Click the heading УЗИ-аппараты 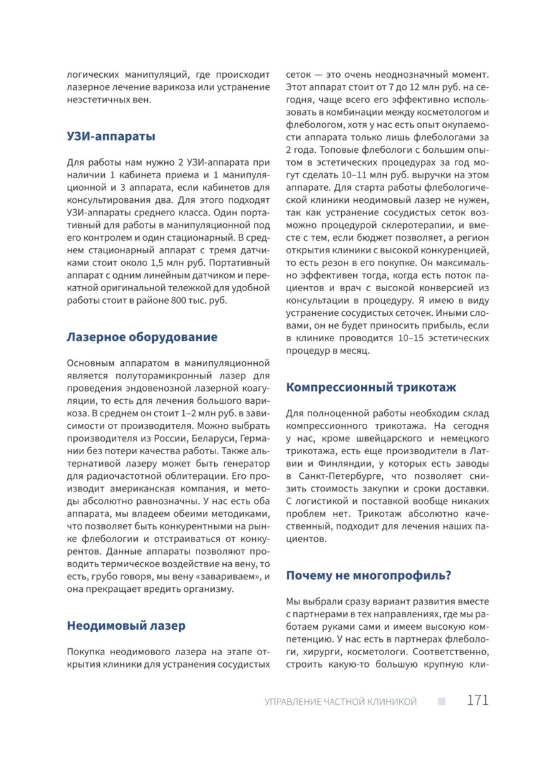111,136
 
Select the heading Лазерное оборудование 142,337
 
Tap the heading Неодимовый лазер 126,625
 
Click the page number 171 478,701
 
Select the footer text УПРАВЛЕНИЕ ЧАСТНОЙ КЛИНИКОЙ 341,702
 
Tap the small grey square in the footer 441,701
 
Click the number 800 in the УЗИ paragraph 173,300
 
